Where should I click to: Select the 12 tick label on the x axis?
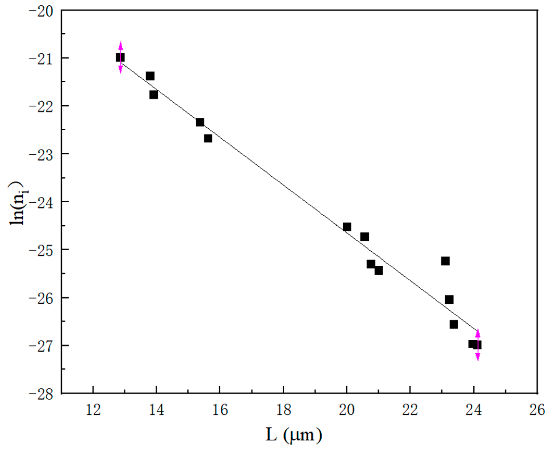click(x=93, y=410)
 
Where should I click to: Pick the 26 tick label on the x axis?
click(x=537, y=410)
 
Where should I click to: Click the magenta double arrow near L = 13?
click(x=121, y=57)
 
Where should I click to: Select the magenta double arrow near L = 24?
click(x=478, y=345)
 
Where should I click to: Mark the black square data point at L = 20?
click(x=347, y=227)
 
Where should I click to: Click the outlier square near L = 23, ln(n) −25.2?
click(x=445, y=261)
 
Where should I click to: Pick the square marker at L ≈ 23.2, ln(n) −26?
click(x=449, y=300)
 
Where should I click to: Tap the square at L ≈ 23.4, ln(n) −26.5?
click(x=454, y=325)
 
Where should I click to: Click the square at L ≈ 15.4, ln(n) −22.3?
click(x=200, y=122)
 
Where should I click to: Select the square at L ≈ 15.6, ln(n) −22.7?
click(x=208, y=138)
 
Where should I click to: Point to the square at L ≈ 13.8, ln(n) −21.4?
click(x=150, y=76)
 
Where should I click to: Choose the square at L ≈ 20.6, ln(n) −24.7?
click(x=365, y=237)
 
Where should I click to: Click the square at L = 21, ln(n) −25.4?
click(x=379, y=270)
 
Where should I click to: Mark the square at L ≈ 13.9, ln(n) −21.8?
click(x=154, y=95)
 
